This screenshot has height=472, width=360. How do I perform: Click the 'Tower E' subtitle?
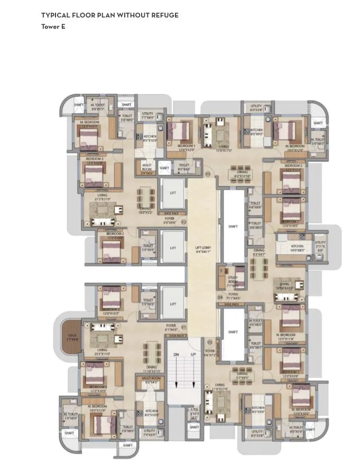coord(53,26)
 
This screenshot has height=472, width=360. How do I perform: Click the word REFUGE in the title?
coord(164,15)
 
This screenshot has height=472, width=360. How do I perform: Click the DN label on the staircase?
coord(177,355)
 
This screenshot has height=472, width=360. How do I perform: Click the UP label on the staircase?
coord(193,355)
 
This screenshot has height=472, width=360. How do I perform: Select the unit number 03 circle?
coord(208,173)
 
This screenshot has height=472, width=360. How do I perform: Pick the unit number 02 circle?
coord(183,222)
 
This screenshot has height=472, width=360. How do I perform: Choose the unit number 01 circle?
coord(183,328)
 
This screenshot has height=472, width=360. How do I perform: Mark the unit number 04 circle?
coord(220,298)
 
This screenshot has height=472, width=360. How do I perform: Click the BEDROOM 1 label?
coord(186,147)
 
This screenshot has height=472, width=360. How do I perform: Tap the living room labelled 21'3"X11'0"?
coord(101,197)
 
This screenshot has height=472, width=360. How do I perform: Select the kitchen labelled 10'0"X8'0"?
coord(297,248)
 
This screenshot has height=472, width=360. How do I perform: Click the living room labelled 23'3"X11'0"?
coord(101,351)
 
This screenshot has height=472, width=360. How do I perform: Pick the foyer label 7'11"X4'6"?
coord(233,297)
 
